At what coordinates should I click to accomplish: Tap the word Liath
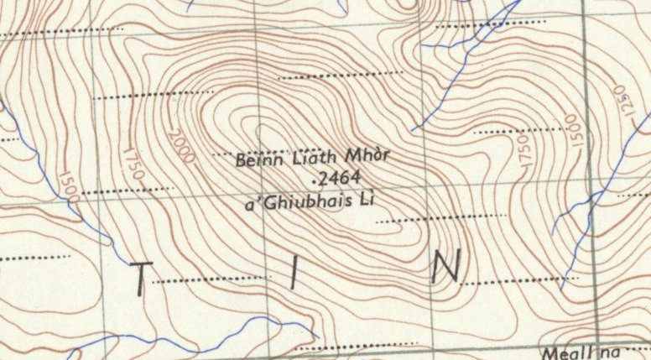click(311, 158)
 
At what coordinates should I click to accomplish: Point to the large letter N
click(445, 268)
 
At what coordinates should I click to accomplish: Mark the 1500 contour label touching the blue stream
click(68, 187)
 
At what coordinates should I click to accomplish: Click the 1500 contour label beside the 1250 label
click(575, 131)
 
